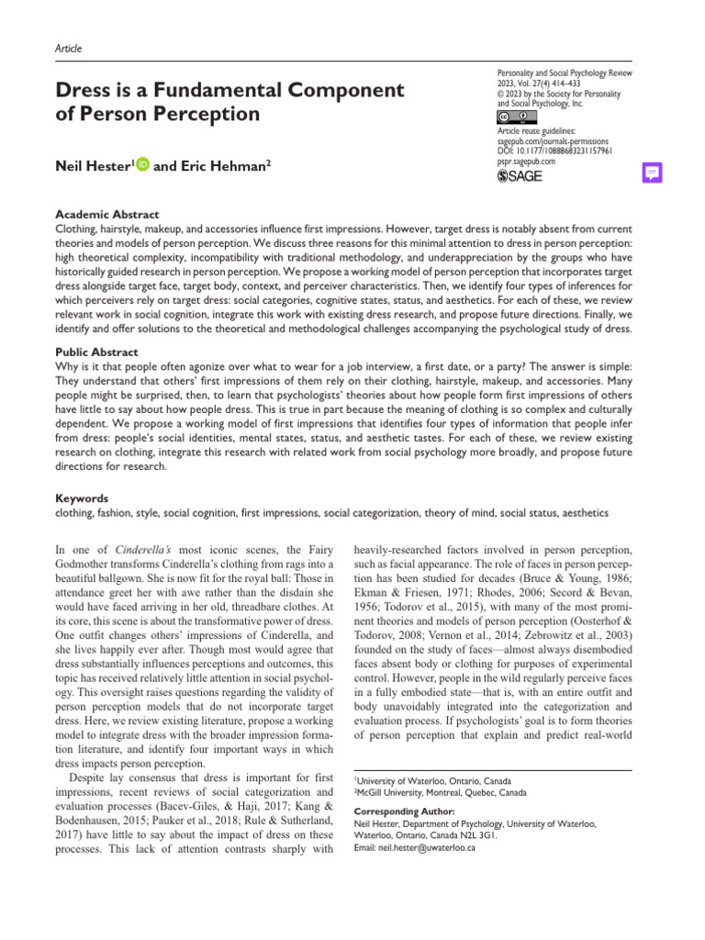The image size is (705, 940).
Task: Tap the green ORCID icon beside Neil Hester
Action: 143,165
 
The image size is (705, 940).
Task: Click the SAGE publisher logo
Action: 520,176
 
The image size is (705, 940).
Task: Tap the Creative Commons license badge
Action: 512,117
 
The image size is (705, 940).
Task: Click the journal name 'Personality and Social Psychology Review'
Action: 564,72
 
